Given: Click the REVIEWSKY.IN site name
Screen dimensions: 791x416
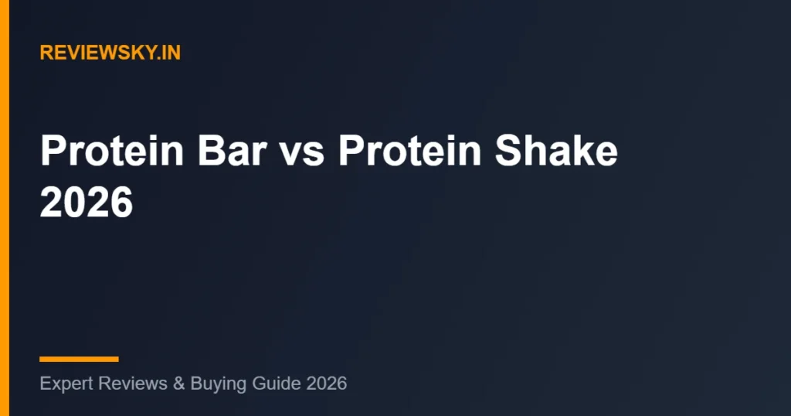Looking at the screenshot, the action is (x=110, y=53).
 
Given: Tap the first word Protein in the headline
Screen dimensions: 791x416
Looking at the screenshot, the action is (x=112, y=151).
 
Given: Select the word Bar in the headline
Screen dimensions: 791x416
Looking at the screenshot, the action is (x=232, y=151).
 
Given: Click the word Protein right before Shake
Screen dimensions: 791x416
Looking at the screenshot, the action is (x=409, y=151).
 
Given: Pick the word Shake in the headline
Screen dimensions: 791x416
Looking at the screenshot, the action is (x=556, y=151).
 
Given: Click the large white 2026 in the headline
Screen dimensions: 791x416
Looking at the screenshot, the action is (x=87, y=202).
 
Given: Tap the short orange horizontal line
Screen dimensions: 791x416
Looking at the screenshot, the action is (x=80, y=360).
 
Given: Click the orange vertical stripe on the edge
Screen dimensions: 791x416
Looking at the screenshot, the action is (x=5, y=208).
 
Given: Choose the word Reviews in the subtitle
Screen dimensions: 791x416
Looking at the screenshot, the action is (x=133, y=384).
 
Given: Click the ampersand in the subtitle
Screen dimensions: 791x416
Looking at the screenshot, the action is (x=179, y=384).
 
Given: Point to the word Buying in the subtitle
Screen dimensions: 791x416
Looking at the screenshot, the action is (x=219, y=384).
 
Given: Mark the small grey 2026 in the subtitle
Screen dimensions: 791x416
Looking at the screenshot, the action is (x=327, y=384).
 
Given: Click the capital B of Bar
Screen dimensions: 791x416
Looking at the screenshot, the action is (x=211, y=151).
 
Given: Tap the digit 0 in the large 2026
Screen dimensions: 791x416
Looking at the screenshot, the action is (x=75, y=202).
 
